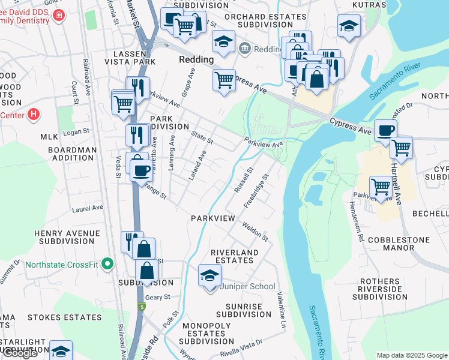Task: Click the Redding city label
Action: (196, 60)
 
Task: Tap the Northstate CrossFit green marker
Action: (107, 263)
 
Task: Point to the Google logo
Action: (19, 353)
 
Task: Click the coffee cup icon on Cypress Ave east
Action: (385, 130)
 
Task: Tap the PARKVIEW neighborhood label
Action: (213, 218)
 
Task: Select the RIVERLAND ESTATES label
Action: (234, 256)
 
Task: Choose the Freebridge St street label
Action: (255, 191)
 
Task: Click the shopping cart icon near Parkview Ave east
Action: (381, 187)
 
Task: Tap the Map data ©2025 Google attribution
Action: (411, 355)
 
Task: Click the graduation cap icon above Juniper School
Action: (210, 275)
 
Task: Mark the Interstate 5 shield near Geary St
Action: (142, 308)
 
